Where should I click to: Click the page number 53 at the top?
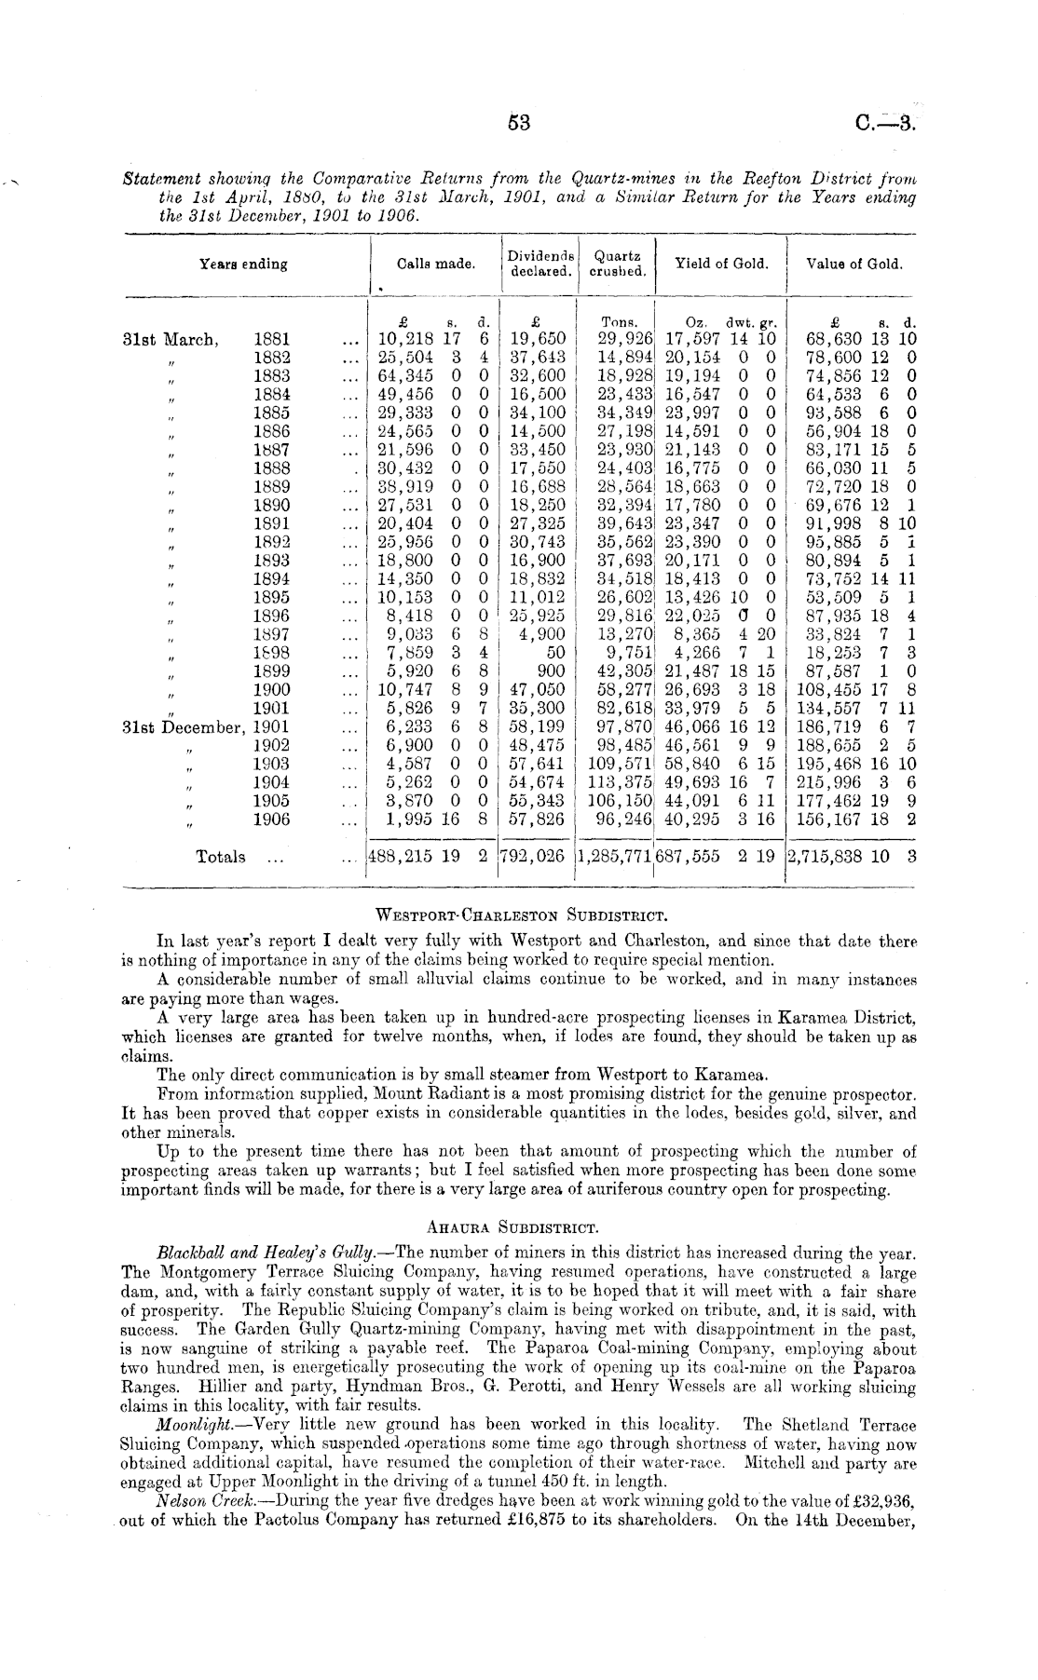coord(519,122)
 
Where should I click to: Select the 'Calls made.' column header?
coord(436,264)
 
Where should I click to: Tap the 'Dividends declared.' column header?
coord(540,263)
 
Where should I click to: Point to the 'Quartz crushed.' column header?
coord(618,263)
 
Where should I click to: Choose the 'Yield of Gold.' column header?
coord(722,264)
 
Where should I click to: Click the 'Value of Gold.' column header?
coord(854,264)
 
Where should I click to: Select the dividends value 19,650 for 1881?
coord(539,340)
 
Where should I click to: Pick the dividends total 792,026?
coord(533,857)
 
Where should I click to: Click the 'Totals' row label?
coord(221,857)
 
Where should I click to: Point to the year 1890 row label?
coord(271,506)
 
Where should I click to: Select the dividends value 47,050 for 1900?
coord(539,690)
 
